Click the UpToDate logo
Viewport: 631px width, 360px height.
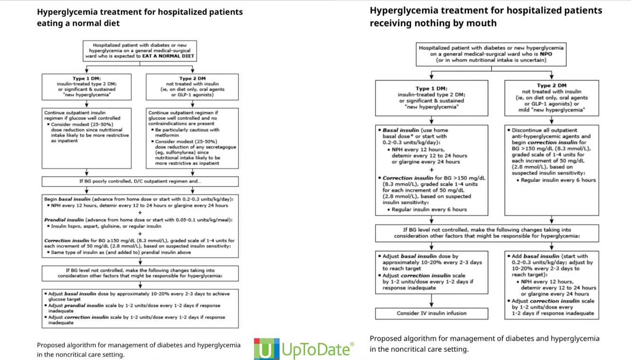click(x=304, y=349)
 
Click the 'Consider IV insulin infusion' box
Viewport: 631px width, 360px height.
click(x=431, y=313)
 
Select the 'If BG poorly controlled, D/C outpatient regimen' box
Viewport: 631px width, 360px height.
click(x=140, y=181)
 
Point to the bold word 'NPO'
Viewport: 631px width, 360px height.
click(x=546, y=54)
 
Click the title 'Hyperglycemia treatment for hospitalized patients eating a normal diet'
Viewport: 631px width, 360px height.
click(x=140, y=17)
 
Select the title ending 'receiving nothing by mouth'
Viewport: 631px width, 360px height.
click(x=486, y=17)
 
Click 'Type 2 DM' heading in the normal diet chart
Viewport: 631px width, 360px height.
click(x=192, y=79)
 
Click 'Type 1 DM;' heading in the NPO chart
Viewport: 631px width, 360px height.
click(x=431, y=88)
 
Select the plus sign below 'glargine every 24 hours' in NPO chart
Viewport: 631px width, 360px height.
click(x=431, y=170)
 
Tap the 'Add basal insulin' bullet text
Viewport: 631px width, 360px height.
click(x=549, y=256)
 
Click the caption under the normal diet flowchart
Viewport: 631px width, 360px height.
click(x=138, y=350)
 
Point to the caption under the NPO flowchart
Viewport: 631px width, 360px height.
click(x=484, y=344)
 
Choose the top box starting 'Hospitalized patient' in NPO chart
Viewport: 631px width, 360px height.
click(x=491, y=54)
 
